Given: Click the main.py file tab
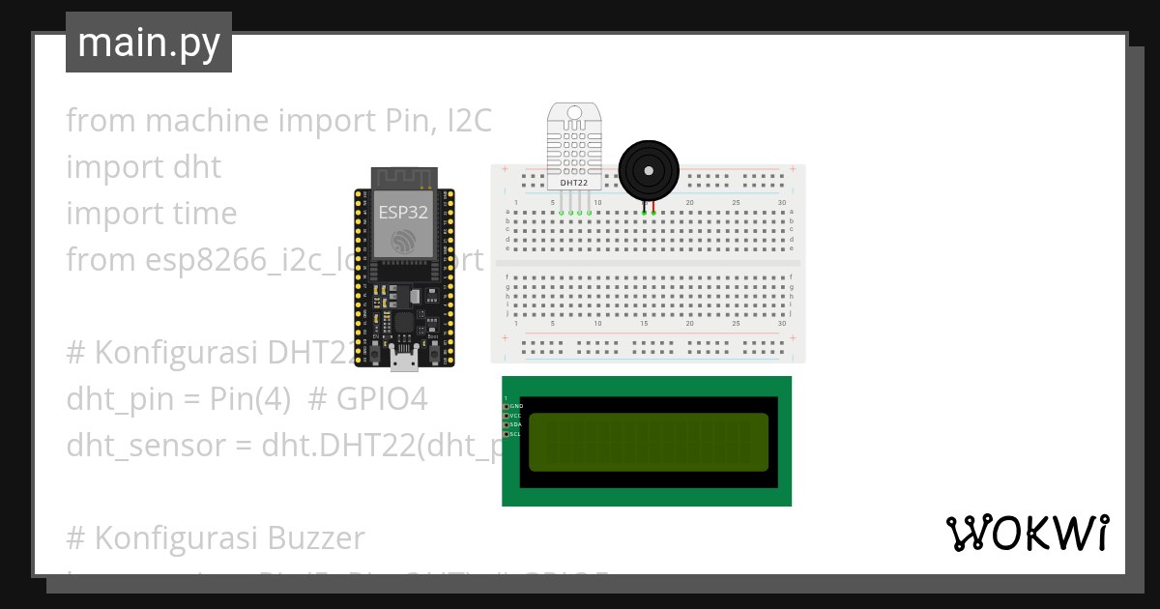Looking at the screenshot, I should coord(148,43).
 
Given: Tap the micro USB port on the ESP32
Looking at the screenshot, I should coord(405,362).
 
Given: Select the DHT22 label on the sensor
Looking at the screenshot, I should coord(574,181).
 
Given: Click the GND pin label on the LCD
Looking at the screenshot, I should coord(516,407).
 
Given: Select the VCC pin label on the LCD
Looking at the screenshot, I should coord(516,416).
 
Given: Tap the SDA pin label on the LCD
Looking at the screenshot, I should coord(516,425).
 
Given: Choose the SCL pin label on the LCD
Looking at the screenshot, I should coord(516,434).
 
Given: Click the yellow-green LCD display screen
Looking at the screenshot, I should coord(649,441).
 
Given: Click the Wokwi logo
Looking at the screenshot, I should coord(1027,533).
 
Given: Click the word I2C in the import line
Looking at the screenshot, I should coord(469,121).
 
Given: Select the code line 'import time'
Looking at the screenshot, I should coord(151,214).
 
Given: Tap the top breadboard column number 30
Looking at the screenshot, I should coord(781,202).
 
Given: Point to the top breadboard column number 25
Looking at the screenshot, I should coord(736,202).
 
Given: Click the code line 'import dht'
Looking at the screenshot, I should coord(143,167).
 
